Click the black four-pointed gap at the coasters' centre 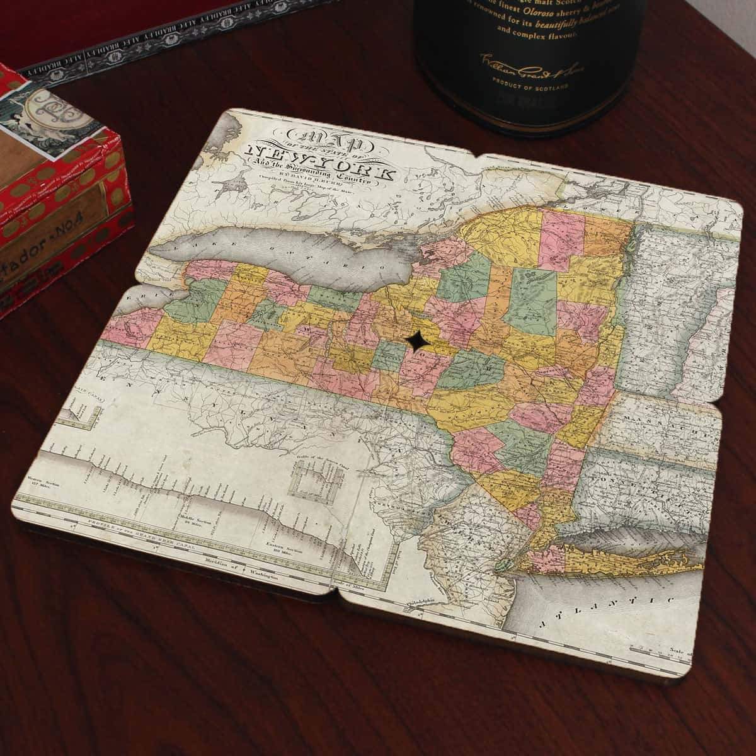417,341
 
